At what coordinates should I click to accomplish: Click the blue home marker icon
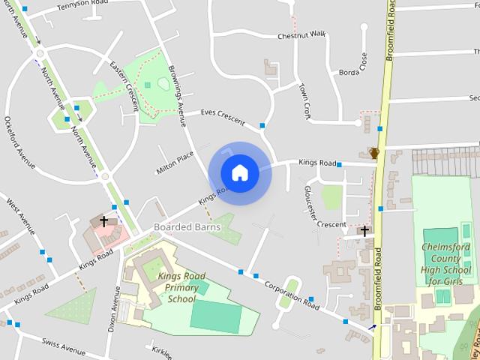pos(240,172)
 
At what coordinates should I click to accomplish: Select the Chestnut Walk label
pos(301,35)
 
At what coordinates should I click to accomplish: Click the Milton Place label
pos(175,160)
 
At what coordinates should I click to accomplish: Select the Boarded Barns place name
pos(187,226)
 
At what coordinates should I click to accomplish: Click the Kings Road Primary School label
pos(178,287)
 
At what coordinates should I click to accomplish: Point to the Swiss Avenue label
pos(63,349)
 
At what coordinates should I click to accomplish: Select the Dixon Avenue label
pos(115,307)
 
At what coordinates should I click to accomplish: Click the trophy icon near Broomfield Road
pos(374,153)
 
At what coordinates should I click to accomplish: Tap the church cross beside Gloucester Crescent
pos(364,231)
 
